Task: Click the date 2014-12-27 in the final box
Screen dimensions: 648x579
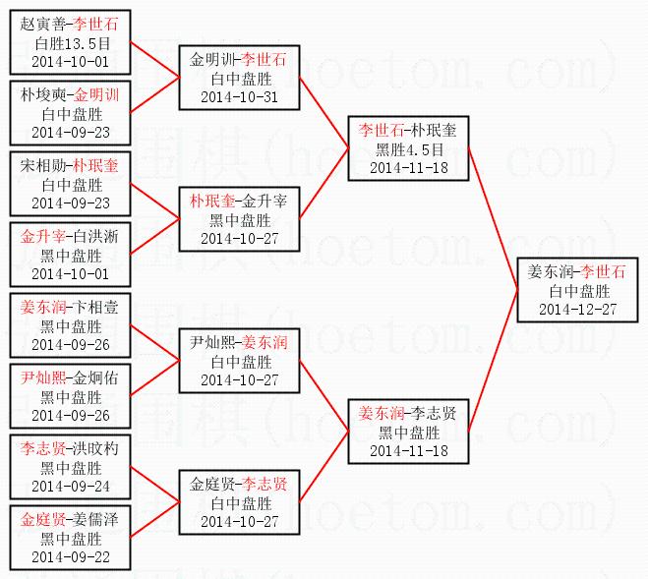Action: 578,309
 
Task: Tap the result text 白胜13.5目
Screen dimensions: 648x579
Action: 71,43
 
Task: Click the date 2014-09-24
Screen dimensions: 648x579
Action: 71,487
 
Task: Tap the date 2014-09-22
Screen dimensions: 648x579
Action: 71,557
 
